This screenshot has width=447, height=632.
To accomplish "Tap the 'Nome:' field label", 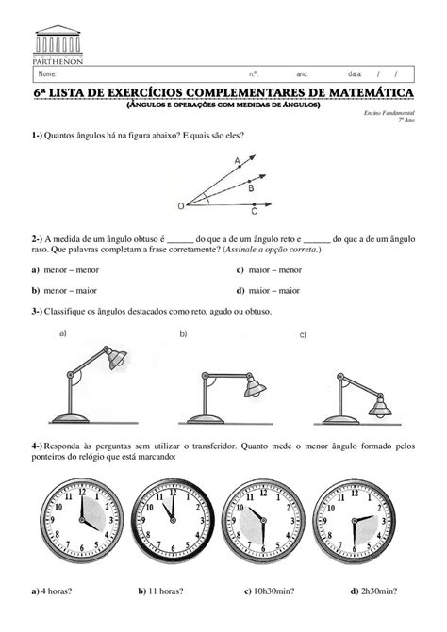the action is point(47,73).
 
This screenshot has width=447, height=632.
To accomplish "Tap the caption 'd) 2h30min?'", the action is point(372,591).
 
